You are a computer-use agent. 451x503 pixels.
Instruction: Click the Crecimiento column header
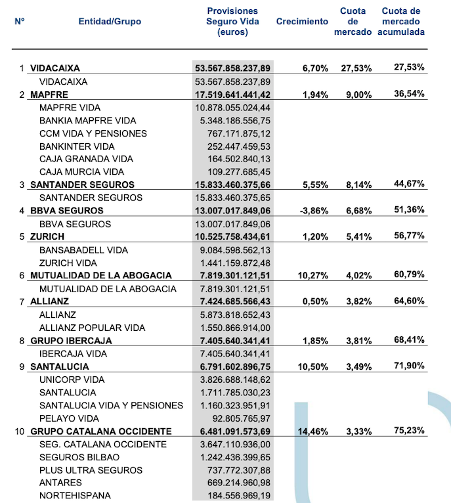[302, 22]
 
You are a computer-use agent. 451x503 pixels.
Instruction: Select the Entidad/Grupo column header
[110, 22]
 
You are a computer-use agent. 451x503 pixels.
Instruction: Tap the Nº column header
[20, 22]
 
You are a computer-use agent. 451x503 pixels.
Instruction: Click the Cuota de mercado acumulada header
[402, 22]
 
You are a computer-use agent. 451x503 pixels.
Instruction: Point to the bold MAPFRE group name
[49, 95]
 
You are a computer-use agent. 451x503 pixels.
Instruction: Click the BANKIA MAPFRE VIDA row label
[88, 121]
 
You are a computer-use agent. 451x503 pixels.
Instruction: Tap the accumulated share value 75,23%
[409, 431]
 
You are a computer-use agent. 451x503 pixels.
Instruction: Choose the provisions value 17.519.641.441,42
[232, 95]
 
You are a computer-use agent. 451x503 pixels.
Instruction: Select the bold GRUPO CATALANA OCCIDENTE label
[101, 431]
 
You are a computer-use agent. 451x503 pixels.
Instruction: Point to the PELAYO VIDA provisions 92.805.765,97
[238, 418]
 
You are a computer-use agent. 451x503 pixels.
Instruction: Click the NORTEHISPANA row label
[75, 496]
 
